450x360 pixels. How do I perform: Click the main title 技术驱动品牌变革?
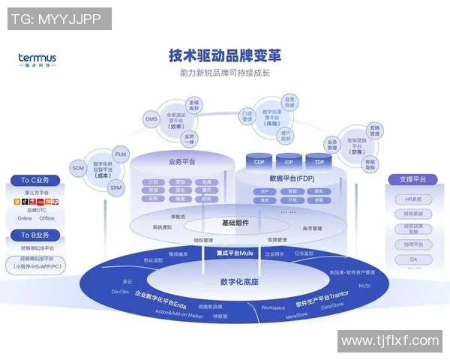(224, 56)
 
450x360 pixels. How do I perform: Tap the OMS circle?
(151, 119)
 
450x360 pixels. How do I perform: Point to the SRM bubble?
(115, 188)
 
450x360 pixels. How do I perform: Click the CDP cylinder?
(259, 162)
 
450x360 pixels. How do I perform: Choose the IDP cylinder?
(289, 162)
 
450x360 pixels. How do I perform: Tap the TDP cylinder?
(319, 162)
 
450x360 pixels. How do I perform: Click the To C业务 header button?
(35, 180)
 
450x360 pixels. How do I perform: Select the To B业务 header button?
(35, 235)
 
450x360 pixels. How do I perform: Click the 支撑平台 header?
(412, 180)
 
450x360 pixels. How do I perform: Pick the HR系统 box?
(412, 199)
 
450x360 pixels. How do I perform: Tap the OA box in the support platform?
(412, 259)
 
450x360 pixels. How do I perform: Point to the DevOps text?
(121, 292)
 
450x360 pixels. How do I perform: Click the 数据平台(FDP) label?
(289, 179)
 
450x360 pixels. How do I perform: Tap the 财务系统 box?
(412, 214)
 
